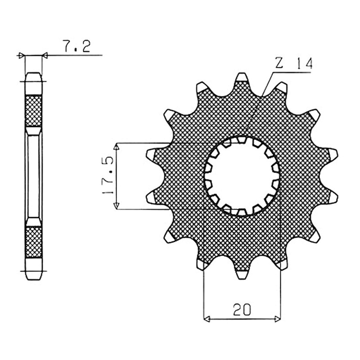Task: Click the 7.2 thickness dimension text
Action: (x=76, y=46)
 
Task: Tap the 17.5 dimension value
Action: (x=108, y=175)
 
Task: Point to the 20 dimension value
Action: (x=242, y=310)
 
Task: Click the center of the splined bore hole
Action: (x=242, y=176)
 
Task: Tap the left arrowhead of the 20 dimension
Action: (x=207, y=319)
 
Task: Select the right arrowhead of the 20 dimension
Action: (x=278, y=319)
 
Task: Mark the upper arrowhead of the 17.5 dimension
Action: (x=117, y=146)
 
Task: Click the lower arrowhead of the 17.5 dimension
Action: (x=117, y=206)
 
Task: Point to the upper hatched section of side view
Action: (x=33, y=111)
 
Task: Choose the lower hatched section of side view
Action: (x=33, y=242)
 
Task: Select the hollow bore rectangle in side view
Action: (x=33, y=176)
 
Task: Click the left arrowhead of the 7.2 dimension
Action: (x=21, y=55)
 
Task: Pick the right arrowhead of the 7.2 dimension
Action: (x=45, y=55)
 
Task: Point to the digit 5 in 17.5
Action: (x=108, y=161)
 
